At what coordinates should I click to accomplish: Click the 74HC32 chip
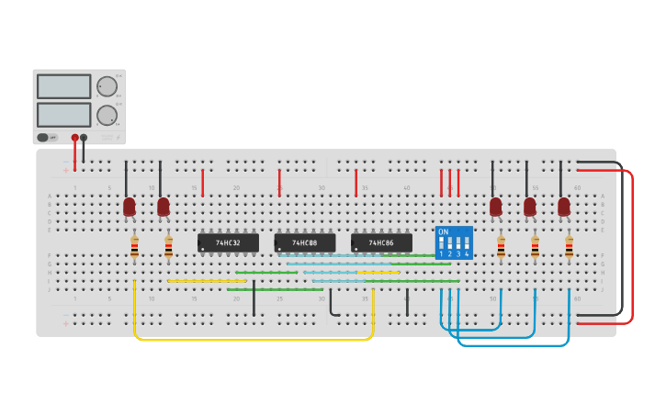[x=228, y=243]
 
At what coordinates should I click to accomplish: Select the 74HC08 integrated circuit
[x=304, y=243]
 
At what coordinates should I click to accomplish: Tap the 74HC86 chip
[x=381, y=243]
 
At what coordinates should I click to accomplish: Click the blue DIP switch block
[x=454, y=242]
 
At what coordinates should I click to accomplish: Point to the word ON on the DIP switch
[x=444, y=232]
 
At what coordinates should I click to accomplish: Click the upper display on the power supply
[x=63, y=86]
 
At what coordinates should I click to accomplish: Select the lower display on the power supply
[x=63, y=115]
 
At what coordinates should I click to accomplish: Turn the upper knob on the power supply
[x=107, y=86]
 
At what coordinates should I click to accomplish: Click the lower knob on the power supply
[x=107, y=115]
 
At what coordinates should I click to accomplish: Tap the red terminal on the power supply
[x=75, y=138]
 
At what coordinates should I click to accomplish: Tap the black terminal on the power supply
[x=84, y=138]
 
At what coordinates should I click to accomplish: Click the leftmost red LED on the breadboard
[x=130, y=207]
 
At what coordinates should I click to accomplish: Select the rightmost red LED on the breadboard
[x=564, y=207]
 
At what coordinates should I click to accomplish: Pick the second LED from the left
[x=164, y=207]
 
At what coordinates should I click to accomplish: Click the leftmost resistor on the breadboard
[x=134, y=246]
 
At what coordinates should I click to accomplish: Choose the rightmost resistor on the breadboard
[x=569, y=246]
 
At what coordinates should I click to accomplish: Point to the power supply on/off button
[x=43, y=138]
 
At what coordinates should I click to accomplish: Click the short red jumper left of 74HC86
[x=356, y=182]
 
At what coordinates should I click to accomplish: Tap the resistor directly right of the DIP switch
[x=501, y=246]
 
